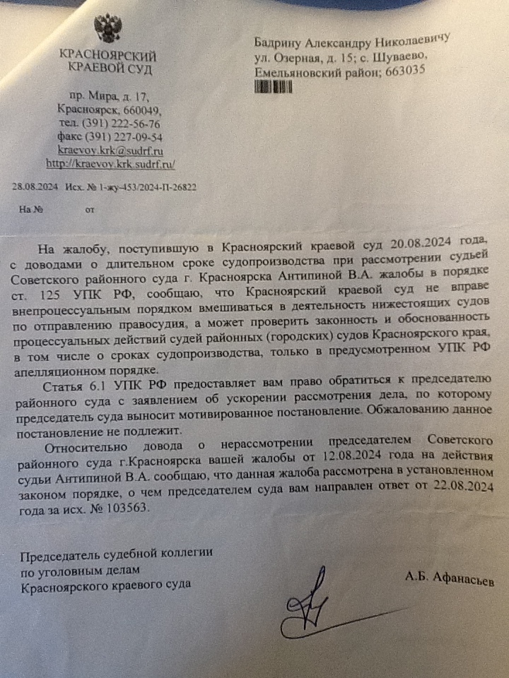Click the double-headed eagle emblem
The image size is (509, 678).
pyautogui.click(x=107, y=28)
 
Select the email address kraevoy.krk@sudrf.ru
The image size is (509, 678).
pyautogui.click(x=110, y=150)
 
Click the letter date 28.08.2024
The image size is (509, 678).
pyautogui.click(x=35, y=188)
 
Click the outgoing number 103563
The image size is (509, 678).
pyautogui.click(x=124, y=507)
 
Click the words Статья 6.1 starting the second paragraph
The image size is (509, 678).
pyautogui.click(x=74, y=388)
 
